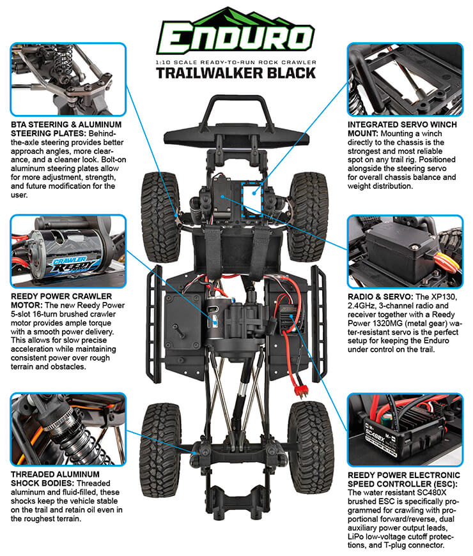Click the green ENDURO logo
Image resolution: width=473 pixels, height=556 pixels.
click(x=235, y=34)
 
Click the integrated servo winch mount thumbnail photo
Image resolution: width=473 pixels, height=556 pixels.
click(x=405, y=79)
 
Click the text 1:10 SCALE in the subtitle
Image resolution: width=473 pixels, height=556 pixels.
click(x=176, y=61)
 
